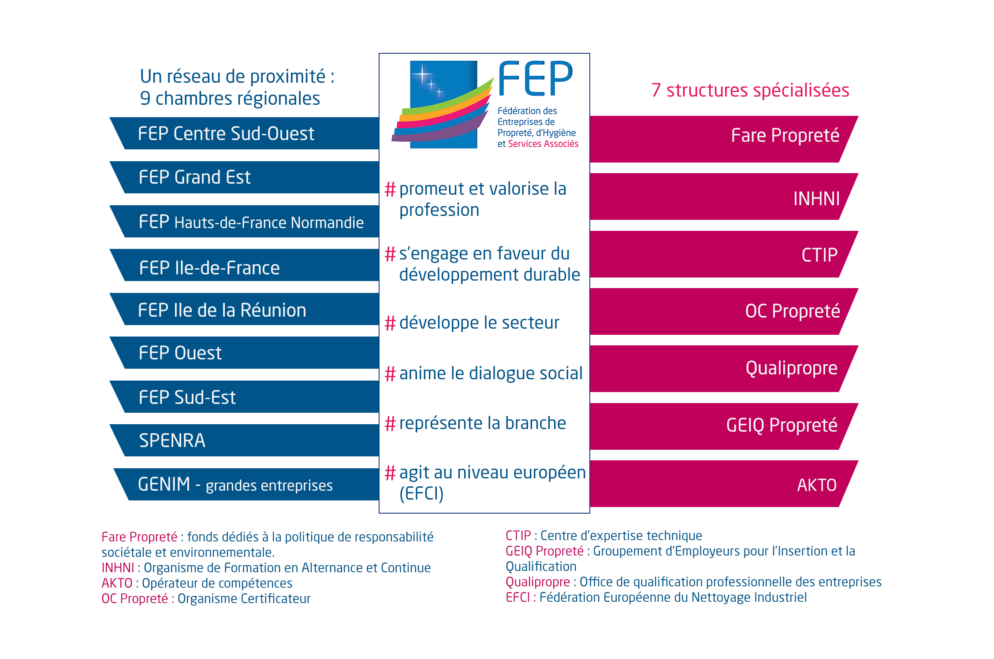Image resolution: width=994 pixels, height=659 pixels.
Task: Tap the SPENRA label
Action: [x=172, y=441]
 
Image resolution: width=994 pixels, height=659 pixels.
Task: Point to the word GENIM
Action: [x=164, y=484]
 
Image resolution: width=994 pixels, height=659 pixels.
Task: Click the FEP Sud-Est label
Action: [x=187, y=397]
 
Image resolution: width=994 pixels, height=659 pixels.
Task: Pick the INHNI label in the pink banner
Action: [x=816, y=199]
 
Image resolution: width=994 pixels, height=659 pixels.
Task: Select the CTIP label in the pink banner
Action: [x=819, y=255]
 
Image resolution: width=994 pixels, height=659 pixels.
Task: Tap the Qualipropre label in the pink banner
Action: [x=791, y=368]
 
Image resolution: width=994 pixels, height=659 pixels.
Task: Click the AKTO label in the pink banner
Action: [x=817, y=485]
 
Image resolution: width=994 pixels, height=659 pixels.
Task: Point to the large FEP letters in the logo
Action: [x=535, y=79]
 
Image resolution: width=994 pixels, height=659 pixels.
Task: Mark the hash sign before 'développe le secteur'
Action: [x=390, y=323]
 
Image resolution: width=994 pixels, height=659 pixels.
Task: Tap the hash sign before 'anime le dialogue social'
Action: [x=390, y=374]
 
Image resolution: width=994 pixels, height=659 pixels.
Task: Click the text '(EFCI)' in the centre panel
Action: [x=421, y=493]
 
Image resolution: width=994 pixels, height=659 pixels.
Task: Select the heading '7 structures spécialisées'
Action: [x=750, y=90]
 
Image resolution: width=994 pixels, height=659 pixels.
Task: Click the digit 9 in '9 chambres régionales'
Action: [x=145, y=98]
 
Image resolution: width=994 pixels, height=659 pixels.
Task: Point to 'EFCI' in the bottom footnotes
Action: [x=518, y=597]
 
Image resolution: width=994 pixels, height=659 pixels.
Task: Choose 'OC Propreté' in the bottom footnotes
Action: [x=135, y=599]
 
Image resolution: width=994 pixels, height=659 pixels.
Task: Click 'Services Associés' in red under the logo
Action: [x=543, y=144]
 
